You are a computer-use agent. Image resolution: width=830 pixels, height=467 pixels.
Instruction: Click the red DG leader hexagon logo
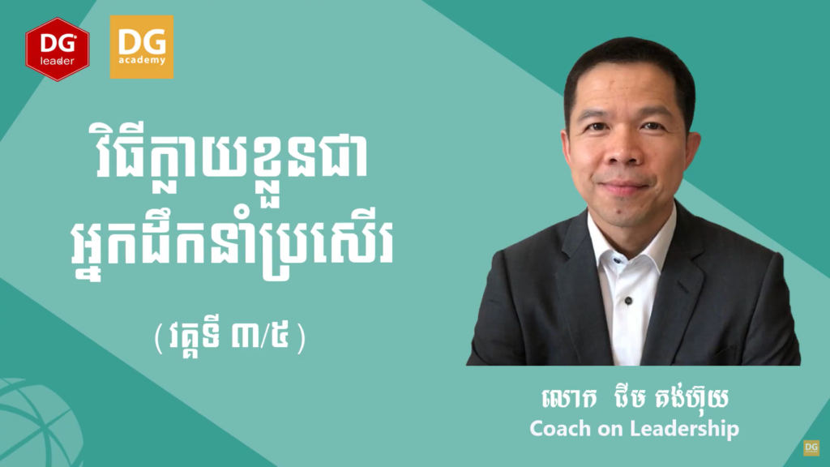coord(58,49)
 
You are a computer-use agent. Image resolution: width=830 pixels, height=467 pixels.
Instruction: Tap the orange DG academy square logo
coord(141,47)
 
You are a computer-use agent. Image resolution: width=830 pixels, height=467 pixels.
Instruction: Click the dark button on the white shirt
coord(628,301)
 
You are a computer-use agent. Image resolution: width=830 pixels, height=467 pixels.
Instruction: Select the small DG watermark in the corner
coord(811,448)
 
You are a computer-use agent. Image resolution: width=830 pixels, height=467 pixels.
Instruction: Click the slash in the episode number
coord(263,336)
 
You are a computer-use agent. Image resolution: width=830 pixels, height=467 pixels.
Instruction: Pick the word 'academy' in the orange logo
coord(141,60)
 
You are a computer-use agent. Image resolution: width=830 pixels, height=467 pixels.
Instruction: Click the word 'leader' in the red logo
coord(58,60)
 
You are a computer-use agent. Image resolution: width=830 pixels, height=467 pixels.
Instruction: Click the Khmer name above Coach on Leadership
coord(635,398)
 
